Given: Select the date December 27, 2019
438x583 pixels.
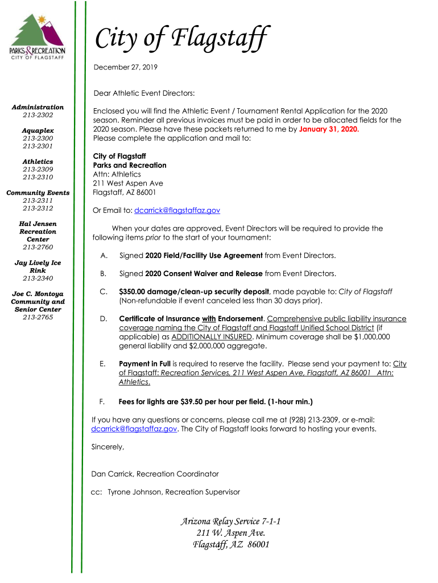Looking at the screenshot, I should coord(125,67).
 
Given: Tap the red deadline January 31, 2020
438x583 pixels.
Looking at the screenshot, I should coord(329,129).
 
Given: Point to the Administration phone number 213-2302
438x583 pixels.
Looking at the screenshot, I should coord(38,115).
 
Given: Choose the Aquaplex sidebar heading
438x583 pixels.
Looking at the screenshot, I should coord(38,130).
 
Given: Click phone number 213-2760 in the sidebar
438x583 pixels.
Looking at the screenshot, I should coord(38,247).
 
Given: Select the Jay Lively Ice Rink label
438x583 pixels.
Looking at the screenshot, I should coord(38,266).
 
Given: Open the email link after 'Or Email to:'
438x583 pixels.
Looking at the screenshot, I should coord(177,211).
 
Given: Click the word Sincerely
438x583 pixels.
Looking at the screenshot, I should coord(108,447).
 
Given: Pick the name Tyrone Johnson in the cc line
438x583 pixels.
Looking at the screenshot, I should coord(134,492).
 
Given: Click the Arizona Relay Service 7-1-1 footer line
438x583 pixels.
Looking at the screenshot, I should coord(230,522).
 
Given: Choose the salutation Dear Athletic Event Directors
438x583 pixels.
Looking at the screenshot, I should coord(144,93).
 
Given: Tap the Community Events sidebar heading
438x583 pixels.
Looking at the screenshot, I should coord(38,192).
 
